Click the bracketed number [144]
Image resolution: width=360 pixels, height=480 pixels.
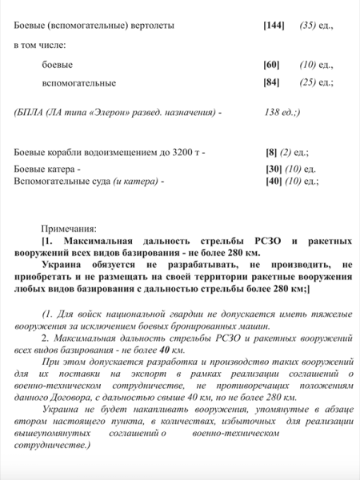point(274,26)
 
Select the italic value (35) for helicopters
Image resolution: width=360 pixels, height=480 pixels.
point(308,26)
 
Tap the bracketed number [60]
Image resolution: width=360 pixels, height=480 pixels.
point(272,64)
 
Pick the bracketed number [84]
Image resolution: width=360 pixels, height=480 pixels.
point(272,82)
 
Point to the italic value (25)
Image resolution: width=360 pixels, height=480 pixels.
point(308,82)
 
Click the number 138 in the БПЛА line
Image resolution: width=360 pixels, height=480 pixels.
point(273,112)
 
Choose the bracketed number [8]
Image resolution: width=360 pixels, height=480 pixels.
point(272,151)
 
